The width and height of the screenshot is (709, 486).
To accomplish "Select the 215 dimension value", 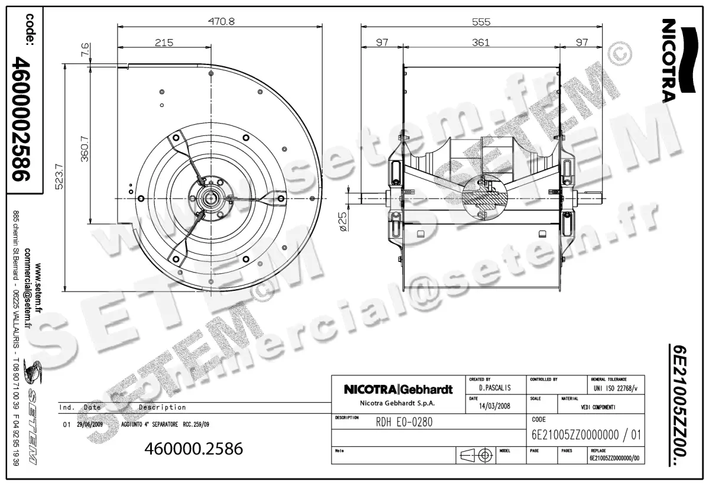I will tap(164, 42).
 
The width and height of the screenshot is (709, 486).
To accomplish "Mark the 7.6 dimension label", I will tap(85, 50).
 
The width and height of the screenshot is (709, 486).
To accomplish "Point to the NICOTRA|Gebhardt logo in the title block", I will tap(398, 390).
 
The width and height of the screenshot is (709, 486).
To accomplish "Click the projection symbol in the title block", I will tap(477, 455).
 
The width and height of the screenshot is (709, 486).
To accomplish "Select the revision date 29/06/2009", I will tap(90, 425).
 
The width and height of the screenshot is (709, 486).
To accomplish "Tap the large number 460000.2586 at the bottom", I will tap(194, 449).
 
